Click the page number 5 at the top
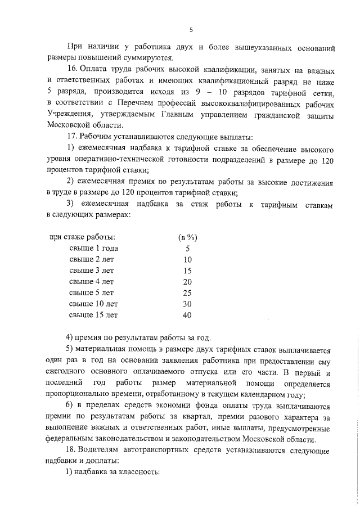(x=191, y=30)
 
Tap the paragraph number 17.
(x=73, y=137)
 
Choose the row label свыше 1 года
(x=94, y=248)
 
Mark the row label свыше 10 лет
(x=94, y=304)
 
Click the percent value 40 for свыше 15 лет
(x=187, y=315)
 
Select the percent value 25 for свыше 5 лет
(x=187, y=292)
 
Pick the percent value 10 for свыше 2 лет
(x=187, y=259)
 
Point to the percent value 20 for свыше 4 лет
(x=187, y=281)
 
